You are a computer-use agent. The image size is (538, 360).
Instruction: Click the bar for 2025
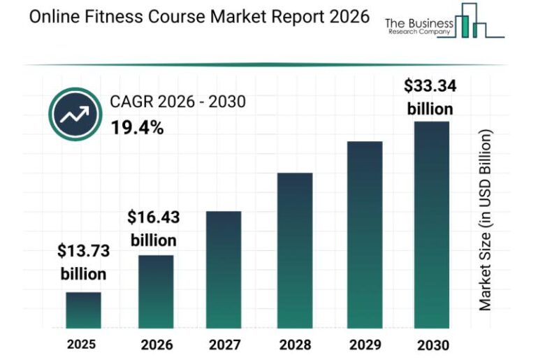(83, 310)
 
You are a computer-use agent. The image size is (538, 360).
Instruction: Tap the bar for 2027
(224, 270)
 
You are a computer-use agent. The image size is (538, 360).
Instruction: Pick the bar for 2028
(295, 250)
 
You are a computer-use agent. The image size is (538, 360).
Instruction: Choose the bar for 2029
(365, 235)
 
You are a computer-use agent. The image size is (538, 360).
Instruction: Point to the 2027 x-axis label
(224, 345)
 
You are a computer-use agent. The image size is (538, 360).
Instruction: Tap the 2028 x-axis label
(294, 345)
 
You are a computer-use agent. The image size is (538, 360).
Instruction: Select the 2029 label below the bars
(364, 345)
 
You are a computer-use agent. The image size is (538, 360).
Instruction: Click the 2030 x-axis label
(432, 345)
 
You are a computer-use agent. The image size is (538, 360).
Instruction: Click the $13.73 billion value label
(82, 262)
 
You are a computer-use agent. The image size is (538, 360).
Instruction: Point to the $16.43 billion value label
(153, 229)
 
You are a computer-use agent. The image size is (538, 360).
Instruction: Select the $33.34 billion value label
(430, 97)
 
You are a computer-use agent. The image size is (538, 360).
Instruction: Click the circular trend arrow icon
(75, 115)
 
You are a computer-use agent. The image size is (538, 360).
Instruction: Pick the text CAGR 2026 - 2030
(177, 103)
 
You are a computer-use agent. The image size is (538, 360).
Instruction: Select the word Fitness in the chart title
(104, 17)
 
